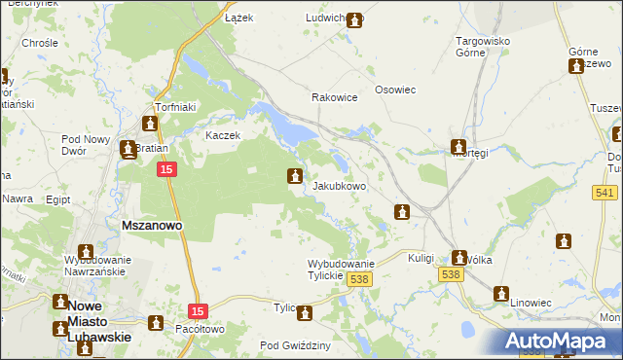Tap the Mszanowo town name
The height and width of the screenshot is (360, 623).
click(x=151, y=226)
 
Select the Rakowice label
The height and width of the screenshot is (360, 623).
click(x=334, y=98)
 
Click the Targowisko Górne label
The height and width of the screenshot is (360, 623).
click(x=485, y=48)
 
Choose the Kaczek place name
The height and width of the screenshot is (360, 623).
click(x=222, y=135)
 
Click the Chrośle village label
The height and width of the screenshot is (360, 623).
click(x=40, y=44)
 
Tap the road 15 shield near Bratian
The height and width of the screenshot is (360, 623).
click(x=167, y=170)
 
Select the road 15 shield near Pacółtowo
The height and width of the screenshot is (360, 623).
click(x=199, y=310)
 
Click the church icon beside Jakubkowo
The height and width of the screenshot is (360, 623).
click(x=294, y=176)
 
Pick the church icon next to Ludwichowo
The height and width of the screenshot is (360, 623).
click(x=354, y=18)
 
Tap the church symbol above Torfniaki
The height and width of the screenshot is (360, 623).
click(x=150, y=124)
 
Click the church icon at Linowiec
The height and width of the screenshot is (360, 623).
click(x=501, y=293)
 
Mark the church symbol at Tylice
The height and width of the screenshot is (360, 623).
click(x=305, y=312)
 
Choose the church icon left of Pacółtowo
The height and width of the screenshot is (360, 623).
click(x=155, y=323)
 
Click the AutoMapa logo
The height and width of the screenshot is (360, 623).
click(x=560, y=342)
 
